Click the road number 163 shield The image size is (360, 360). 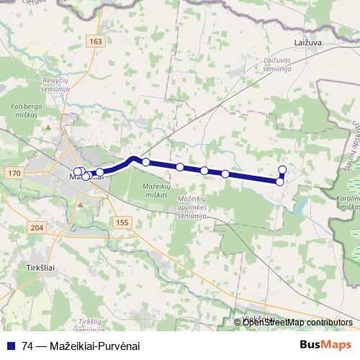click(96, 42)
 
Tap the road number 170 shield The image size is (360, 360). click(12, 174)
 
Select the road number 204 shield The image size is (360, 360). click(37, 228)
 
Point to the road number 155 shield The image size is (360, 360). click(122, 223)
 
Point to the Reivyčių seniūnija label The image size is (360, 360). click(55, 86)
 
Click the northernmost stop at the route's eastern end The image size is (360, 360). click(282, 170)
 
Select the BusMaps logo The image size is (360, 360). click(325, 344)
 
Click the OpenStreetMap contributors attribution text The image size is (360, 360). click(298, 322)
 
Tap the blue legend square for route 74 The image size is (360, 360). click(10, 345)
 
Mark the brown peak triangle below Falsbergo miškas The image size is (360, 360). click(48, 127)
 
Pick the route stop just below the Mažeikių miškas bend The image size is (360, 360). click(146, 162)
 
